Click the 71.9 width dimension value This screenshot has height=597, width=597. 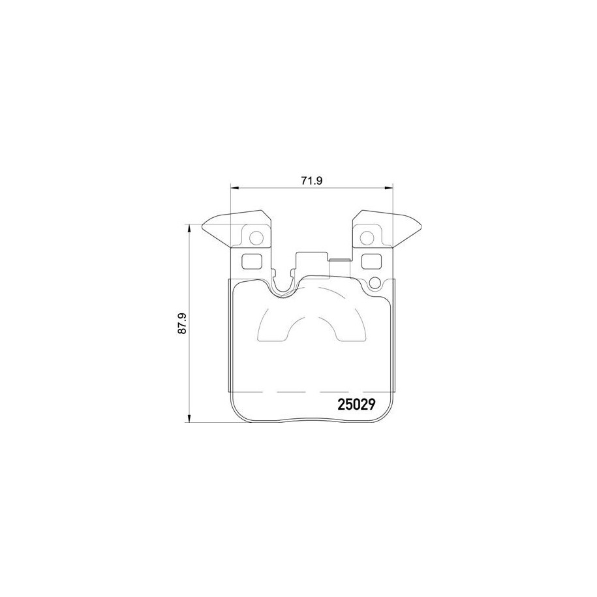coord(313,181)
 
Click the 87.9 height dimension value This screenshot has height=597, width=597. coord(183,324)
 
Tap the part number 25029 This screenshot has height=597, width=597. coord(355,404)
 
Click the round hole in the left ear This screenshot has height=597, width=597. coord(257,237)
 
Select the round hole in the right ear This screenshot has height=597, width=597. coord(369,237)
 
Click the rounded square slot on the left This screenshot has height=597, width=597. coord(251,261)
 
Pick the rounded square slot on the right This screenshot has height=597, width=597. coord(372,261)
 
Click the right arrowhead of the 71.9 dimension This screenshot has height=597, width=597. coord(391,189)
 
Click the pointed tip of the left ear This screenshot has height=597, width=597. coord(203,228)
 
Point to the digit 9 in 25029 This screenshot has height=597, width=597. coord(369,404)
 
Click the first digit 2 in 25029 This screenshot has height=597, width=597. coord(341,404)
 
